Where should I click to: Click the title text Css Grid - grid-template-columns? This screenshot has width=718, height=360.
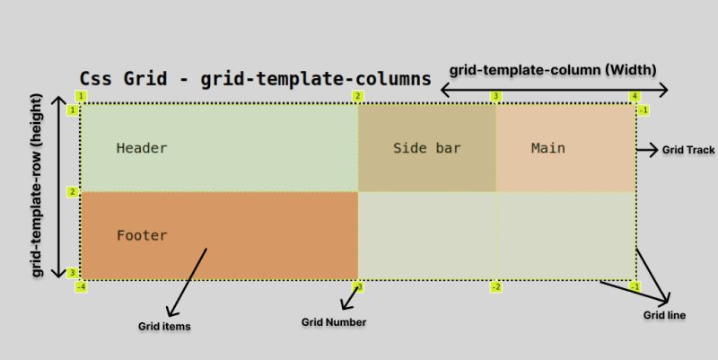249,78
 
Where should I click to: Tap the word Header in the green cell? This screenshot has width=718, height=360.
142,148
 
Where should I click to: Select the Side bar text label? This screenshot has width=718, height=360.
426,148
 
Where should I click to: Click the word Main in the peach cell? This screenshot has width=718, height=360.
547,148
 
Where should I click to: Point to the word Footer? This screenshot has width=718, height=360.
142,235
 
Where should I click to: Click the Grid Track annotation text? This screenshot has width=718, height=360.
688,150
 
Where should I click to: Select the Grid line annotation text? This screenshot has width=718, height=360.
665,315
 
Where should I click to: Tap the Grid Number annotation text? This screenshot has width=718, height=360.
334,321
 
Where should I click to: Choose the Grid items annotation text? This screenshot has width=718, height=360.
164,326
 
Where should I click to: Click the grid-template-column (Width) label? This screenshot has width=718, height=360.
554,69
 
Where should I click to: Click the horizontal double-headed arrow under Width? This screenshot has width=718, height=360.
554,90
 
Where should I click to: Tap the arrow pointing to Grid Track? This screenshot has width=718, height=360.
647,150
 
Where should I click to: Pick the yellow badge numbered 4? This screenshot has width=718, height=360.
635,96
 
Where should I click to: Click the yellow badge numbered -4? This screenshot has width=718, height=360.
81,287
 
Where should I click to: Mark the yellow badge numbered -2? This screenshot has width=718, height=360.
495,287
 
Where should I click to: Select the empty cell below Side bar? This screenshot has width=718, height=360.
426,235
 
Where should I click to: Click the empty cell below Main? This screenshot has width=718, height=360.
565,235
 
